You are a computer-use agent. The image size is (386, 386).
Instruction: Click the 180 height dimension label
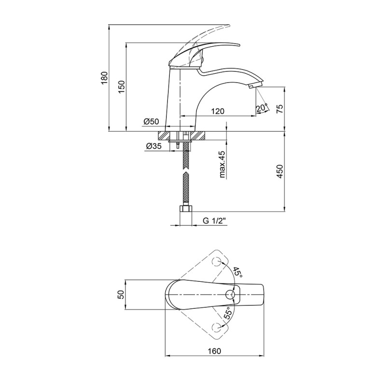[x=104, y=78]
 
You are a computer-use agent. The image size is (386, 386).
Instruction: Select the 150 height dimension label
[x=122, y=87]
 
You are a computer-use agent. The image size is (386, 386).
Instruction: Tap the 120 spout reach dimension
[x=218, y=111]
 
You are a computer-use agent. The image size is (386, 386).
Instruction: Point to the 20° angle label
[x=262, y=108]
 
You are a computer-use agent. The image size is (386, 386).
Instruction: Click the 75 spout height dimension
[x=280, y=109]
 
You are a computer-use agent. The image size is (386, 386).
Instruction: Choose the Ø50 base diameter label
[x=151, y=122]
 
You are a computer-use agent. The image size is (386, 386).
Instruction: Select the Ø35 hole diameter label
[x=153, y=146]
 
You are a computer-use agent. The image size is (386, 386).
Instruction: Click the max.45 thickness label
[x=222, y=164]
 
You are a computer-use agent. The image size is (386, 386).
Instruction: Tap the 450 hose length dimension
[x=280, y=171]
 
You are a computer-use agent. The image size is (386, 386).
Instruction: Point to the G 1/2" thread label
[x=214, y=221]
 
